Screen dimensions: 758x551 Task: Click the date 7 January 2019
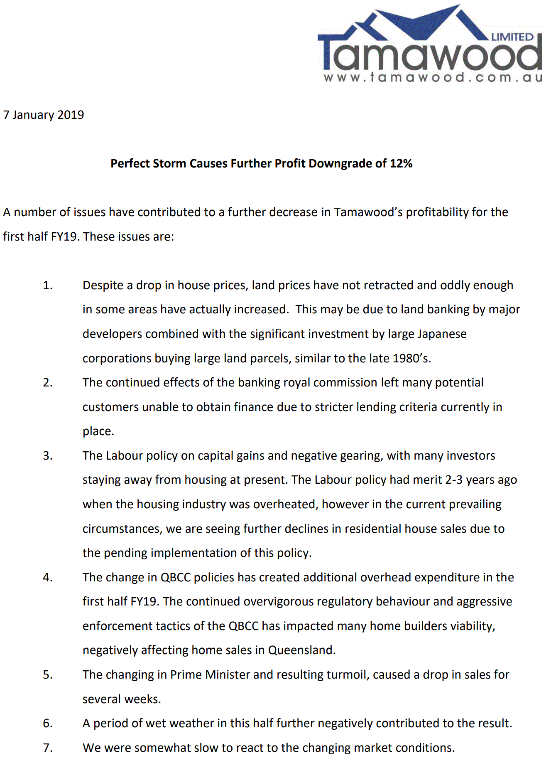pos(44,115)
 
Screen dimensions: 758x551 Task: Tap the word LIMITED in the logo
pos(512,37)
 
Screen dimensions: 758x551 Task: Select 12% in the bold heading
pos(401,163)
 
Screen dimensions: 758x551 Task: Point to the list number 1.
pos(48,285)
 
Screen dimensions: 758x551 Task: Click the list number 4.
pos(48,578)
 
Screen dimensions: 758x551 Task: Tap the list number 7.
pos(48,748)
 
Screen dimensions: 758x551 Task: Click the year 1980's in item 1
pos(411,358)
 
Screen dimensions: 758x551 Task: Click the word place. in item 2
pos(98,431)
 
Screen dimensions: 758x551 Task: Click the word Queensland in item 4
pos(301,650)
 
